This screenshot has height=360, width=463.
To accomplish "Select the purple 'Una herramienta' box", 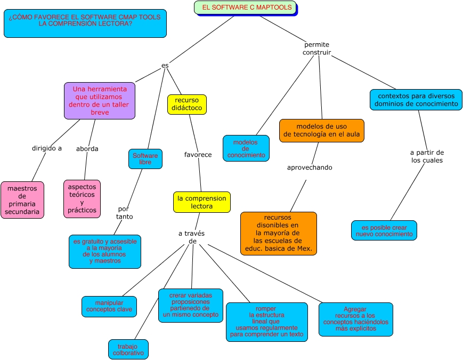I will [x=100, y=100].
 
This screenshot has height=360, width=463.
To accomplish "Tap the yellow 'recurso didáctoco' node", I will [x=186, y=105].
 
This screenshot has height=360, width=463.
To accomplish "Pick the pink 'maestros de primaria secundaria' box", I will [x=22, y=200].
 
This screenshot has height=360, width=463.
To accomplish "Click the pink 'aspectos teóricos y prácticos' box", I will [x=82, y=199].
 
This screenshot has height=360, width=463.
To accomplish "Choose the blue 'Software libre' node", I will [x=145, y=159].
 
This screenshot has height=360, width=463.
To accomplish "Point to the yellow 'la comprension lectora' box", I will [x=202, y=202].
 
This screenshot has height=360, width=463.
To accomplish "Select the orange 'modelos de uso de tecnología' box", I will [x=322, y=131].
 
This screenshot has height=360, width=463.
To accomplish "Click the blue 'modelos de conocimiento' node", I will [x=246, y=148].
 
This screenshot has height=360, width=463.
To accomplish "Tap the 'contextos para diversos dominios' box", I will [x=416, y=100].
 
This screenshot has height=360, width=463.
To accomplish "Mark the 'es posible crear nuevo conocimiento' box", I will [x=384, y=230].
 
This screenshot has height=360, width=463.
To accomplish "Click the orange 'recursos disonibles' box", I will [x=278, y=234].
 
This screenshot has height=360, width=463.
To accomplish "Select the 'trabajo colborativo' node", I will [x=128, y=349].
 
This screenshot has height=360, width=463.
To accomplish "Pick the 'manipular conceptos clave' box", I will [x=109, y=306].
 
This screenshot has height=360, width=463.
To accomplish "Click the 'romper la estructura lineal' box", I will [x=266, y=322].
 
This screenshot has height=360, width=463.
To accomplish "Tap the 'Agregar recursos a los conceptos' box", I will [x=355, y=319].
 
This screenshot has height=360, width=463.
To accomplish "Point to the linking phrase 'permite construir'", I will [x=317, y=49].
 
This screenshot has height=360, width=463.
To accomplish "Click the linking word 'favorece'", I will [x=198, y=155].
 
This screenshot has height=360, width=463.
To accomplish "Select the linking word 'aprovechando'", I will [x=310, y=167].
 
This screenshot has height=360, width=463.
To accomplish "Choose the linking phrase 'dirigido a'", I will [x=47, y=148].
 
